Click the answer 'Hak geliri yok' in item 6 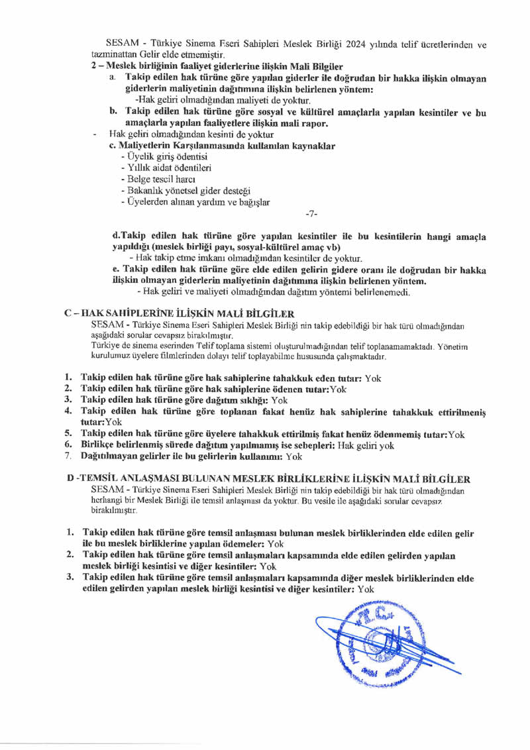pyautogui.click(x=366, y=445)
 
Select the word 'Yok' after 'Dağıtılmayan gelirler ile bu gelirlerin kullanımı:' pyautogui.click(x=294, y=456)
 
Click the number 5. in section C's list pyautogui.click(x=68, y=434)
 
